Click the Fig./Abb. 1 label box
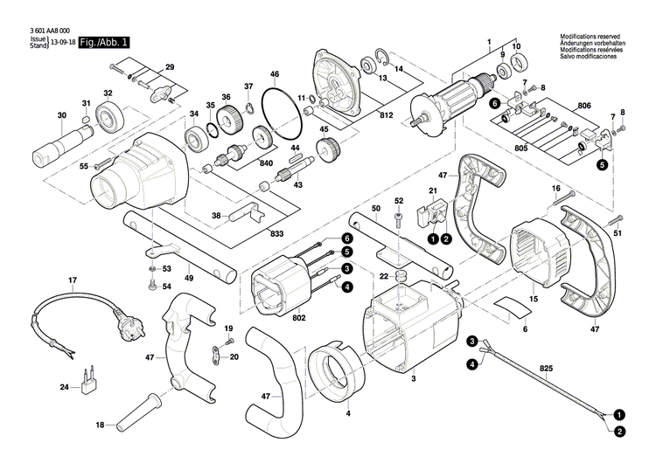103,42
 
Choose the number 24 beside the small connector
63,387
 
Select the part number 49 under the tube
188,278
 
